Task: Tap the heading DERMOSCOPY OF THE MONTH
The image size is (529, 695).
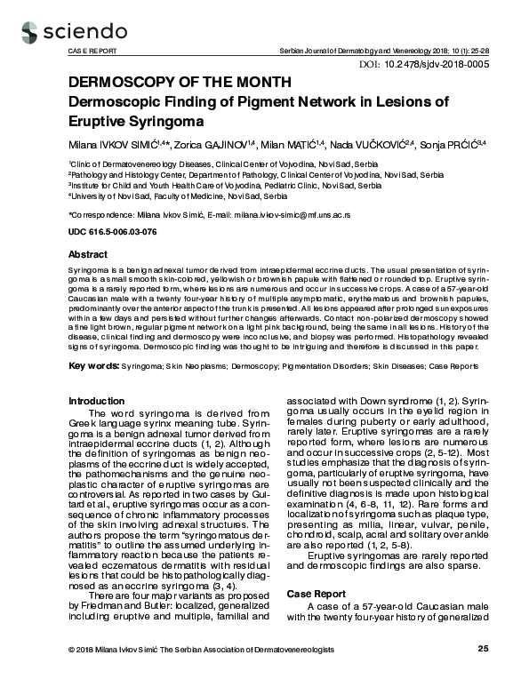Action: point(180,83)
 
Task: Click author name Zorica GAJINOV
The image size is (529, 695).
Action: point(206,143)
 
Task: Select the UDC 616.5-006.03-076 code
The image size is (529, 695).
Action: point(112,232)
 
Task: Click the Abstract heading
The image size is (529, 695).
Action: point(88,254)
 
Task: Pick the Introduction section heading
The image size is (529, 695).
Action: point(97,401)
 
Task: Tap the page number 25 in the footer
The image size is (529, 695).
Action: point(483,674)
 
